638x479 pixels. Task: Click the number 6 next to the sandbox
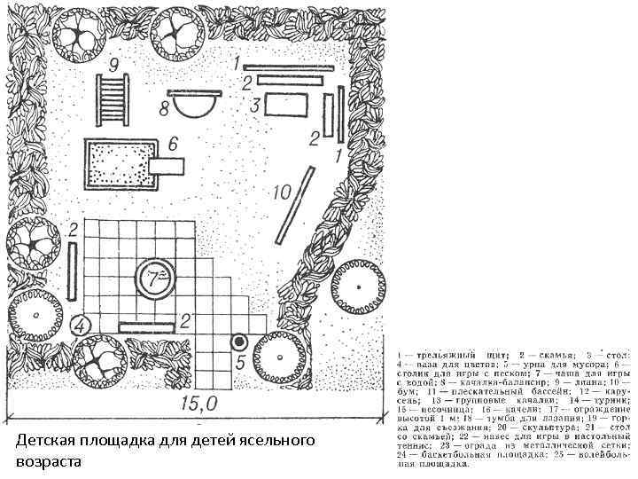point(173,143)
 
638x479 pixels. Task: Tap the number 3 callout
point(254,105)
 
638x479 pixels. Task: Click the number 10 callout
point(282,191)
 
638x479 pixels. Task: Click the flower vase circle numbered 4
point(81,326)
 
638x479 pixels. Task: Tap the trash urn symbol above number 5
point(237,342)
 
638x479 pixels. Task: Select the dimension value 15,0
point(198,404)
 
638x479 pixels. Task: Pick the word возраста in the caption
point(48,462)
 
